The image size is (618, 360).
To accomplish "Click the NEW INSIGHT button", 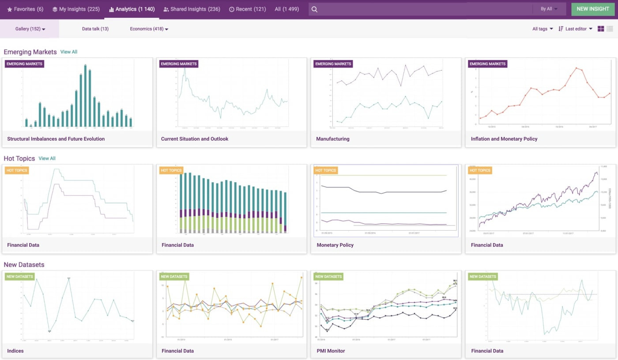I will [592, 9].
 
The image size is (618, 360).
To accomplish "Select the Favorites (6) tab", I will [25, 9].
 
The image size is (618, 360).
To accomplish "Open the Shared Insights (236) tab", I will [192, 9].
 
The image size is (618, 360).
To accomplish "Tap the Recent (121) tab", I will [247, 9].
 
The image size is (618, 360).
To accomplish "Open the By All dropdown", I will [549, 9].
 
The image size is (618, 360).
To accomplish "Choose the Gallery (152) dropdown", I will [30, 29].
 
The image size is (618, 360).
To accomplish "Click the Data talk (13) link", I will [95, 29].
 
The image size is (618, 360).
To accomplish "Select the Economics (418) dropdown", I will [149, 29].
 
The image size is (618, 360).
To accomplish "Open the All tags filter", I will [543, 29].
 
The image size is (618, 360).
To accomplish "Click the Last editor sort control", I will [576, 29].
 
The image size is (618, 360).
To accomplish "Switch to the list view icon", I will [610, 29].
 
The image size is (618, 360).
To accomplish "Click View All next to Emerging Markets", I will [69, 52].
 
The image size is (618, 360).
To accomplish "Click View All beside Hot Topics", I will [47, 158].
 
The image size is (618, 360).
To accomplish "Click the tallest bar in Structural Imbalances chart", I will [85, 96].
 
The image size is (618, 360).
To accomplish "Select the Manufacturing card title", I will [332, 139].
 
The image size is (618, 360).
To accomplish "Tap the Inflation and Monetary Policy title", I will [504, 139].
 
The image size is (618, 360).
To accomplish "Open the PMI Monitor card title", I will [330, 351].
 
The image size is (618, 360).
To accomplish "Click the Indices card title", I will [15, 351].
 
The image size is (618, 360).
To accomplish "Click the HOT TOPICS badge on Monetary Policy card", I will [325, 170].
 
